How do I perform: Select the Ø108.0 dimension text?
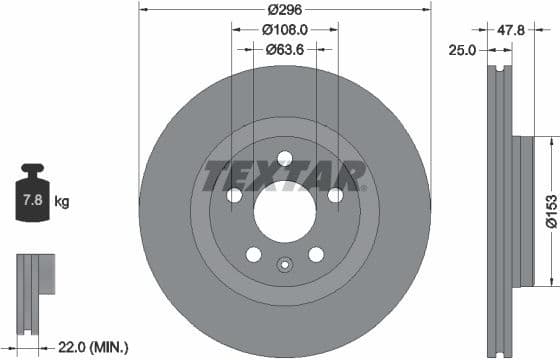[285, 29]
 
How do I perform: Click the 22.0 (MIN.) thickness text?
[93, 347]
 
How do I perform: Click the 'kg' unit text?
[62, 202]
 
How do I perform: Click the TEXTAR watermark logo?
[284, 176]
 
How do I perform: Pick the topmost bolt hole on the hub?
[285, 158]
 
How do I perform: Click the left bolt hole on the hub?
[234, 195]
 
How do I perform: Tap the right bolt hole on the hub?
[335, 195]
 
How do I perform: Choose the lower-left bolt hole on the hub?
[253, 254]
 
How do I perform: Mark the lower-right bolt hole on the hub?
[316, 254]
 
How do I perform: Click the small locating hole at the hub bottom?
[285, 266]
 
